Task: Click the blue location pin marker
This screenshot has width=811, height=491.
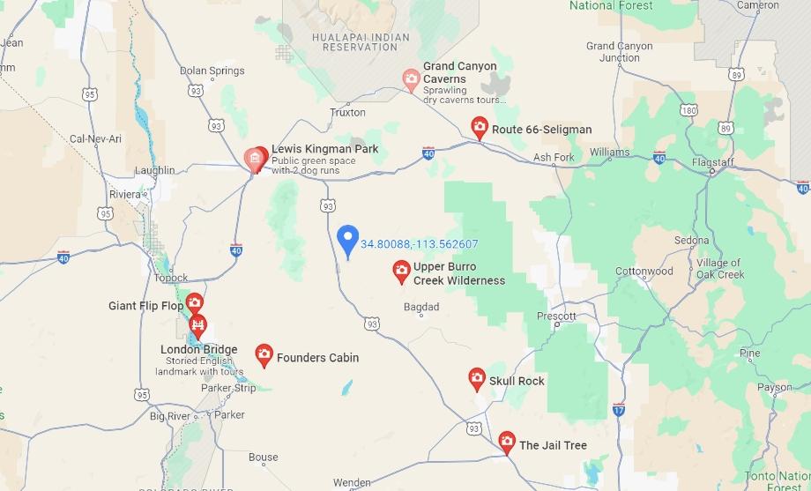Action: coord(348,239)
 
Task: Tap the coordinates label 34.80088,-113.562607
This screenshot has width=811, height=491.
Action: coord(420,244)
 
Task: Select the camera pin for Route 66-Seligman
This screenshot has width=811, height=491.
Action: coord(480,128)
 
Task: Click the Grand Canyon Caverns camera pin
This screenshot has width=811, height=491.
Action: coord(411,79)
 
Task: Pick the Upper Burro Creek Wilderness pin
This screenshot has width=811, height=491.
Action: coord(401,272)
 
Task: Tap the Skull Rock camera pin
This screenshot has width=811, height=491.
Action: coord(477,379)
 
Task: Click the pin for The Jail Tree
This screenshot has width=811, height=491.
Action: coord(507,442)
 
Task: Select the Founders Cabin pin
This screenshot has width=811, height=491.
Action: coord(264,354)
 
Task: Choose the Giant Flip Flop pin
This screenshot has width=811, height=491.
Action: coord(194,305)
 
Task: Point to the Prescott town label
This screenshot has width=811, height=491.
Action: coord(557,316)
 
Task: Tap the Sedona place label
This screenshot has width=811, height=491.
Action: coord(691,240)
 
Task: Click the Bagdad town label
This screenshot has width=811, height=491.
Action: coord(420,307)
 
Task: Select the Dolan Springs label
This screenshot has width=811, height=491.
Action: coord(212,71)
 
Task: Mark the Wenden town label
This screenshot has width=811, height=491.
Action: coord(351,482)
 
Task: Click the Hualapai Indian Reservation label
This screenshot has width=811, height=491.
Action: coord(354,42)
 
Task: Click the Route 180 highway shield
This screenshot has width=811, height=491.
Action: coord(688,111)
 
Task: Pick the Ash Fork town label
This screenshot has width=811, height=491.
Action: coord(554,158)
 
